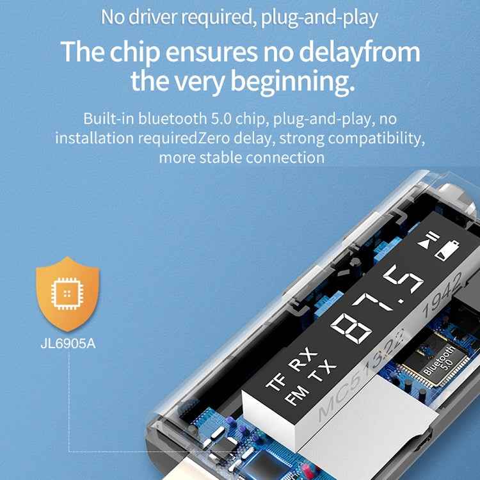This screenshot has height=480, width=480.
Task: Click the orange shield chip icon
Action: click(68, 294)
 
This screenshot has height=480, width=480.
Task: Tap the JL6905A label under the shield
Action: click(68, 344)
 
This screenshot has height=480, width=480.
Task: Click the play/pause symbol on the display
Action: click(429, 240)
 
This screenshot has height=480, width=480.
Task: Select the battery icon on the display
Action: click(447, 250)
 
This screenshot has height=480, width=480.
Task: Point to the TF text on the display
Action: click(276, 382)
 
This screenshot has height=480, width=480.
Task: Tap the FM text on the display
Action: click(296, 396)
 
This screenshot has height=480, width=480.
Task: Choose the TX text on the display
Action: click(323, 372)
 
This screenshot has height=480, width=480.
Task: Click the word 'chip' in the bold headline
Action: click(135, 52)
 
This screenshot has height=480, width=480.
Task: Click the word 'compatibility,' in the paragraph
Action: click(376, 138)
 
